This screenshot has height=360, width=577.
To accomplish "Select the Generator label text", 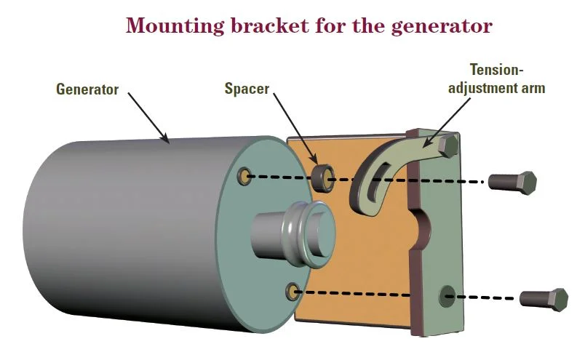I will coord(87,90).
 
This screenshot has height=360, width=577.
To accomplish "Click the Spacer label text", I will coord(247,90).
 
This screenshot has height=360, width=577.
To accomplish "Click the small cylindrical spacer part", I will coord(323,177).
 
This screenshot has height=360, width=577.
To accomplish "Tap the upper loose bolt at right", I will coord(512,182).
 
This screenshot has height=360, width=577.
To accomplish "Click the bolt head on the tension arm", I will coord(449,146).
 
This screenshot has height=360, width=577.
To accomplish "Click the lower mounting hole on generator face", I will coord(293,292).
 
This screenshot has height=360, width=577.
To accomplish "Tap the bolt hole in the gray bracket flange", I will coord(447,295).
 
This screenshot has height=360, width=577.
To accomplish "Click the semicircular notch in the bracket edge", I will coord(423,226).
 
